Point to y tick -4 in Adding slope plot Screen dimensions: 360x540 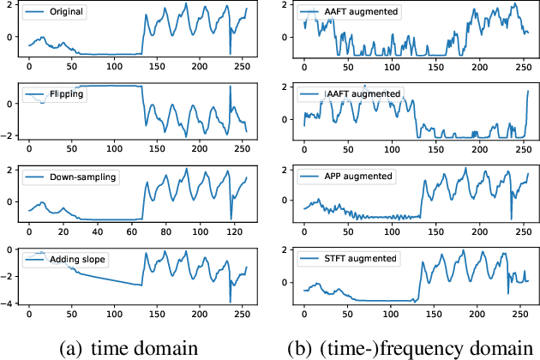pos(10,303)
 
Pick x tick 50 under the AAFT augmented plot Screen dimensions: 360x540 pos(346,66)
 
